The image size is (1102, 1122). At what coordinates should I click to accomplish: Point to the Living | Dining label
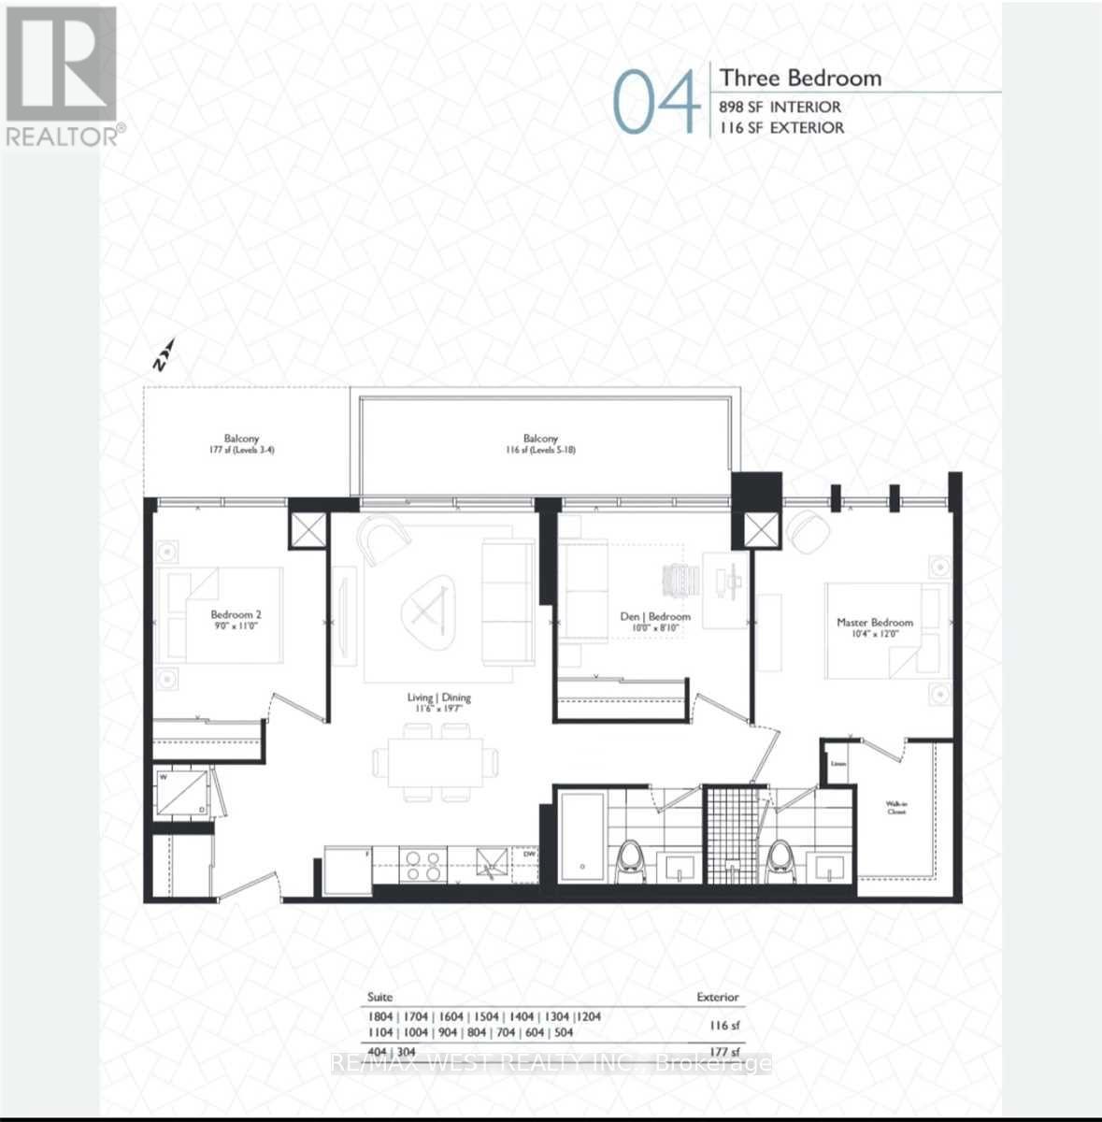(x=438, y=702)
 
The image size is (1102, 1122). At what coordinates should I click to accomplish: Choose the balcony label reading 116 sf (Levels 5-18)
(x=540, y=443)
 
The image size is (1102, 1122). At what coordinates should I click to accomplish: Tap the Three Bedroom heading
(x=800, y=78)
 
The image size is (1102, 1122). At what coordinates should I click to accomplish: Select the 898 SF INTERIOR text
(x=780, y=108)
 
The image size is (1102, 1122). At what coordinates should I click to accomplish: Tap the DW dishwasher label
(x=529, y=853)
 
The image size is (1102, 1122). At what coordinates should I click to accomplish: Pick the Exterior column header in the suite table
(x=717, y=997)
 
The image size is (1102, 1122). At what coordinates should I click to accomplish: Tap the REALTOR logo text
(x=63, y=137)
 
